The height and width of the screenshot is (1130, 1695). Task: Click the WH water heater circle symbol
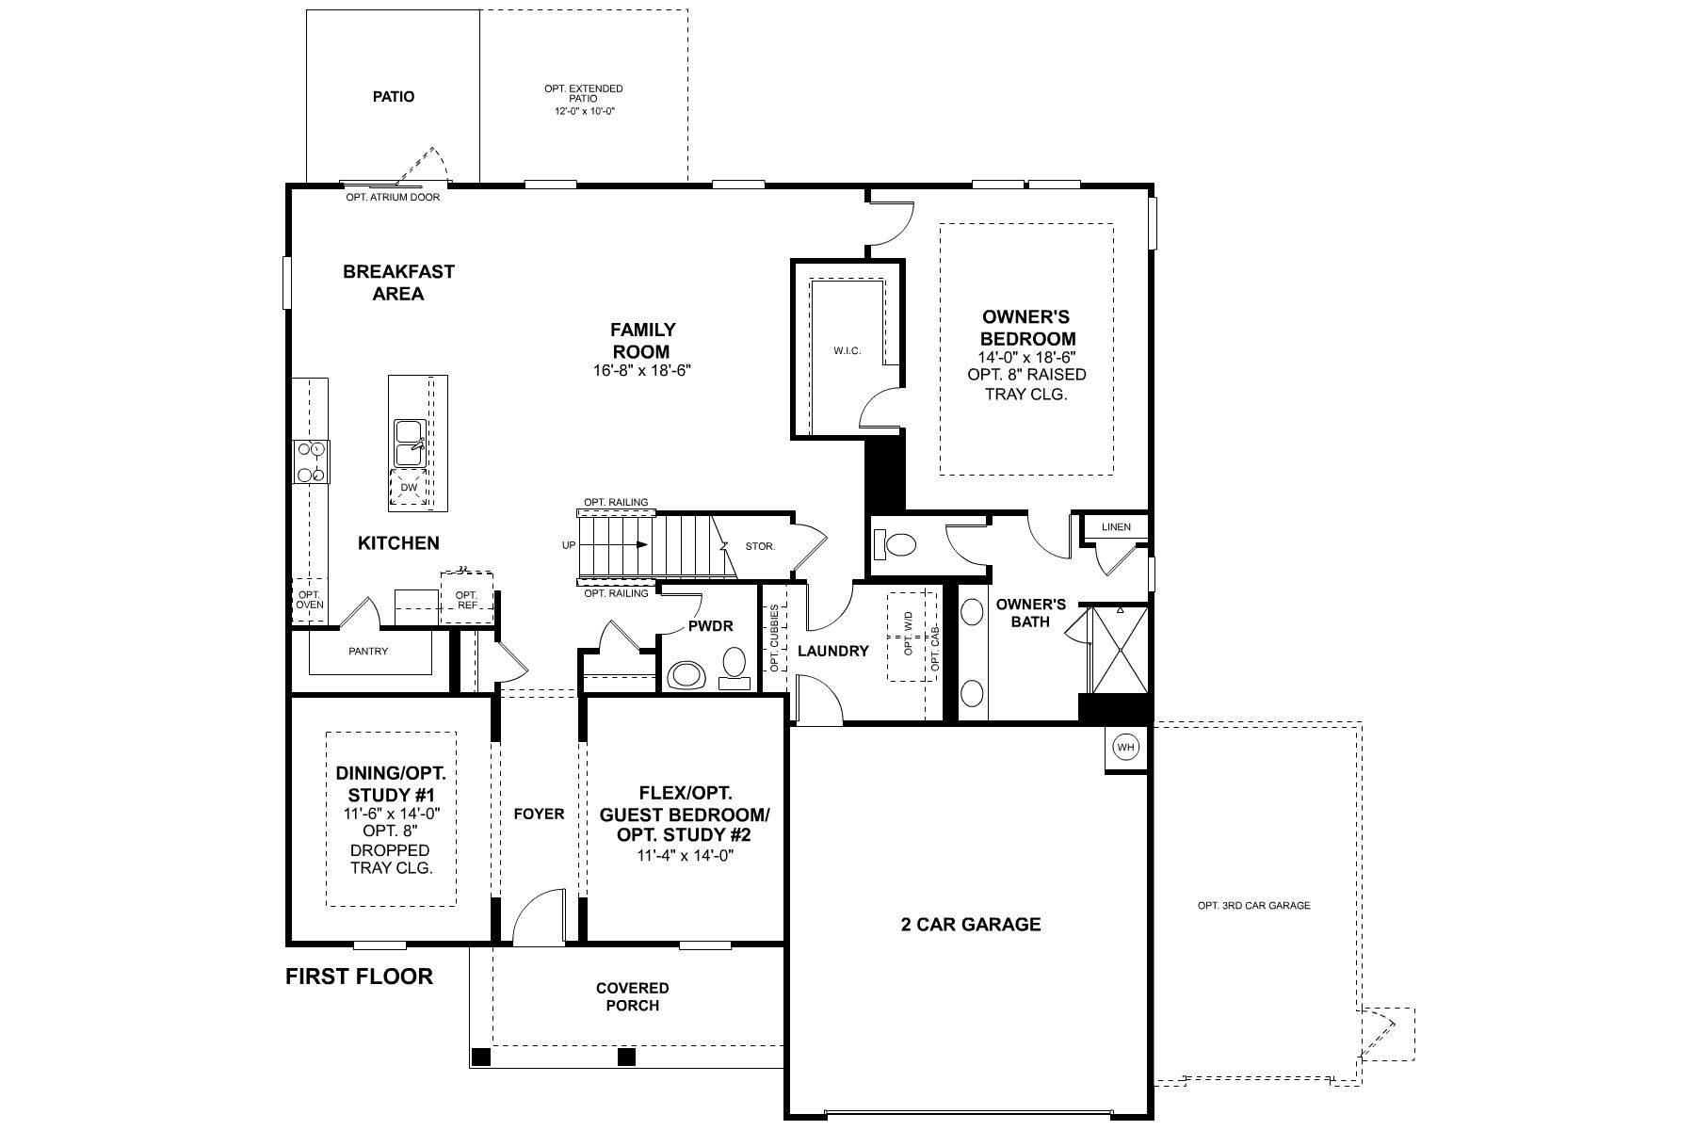point(1125,748)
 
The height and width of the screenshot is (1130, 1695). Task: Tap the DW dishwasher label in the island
point(409,488)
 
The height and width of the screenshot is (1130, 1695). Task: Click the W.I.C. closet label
point(847,351)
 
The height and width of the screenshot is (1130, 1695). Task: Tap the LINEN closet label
point(1116,527)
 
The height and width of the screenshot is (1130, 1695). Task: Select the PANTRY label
point(368,651)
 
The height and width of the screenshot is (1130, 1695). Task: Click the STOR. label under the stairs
point(760,546)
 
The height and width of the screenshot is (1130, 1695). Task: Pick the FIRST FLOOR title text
point(360,977)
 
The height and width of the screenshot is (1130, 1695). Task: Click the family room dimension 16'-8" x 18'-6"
point(643,370)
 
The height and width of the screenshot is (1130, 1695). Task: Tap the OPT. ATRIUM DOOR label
point(393,198)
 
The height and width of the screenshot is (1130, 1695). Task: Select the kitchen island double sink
point(411,444)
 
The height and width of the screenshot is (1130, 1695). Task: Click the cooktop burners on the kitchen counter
point(312,462)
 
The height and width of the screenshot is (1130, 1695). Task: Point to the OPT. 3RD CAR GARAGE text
point(1253,906)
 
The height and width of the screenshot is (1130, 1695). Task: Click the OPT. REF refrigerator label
point(466,601)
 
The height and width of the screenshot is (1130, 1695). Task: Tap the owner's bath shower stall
point(1119,650)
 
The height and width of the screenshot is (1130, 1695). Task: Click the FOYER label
point(540,814)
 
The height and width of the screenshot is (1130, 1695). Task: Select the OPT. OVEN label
point(310,600)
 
